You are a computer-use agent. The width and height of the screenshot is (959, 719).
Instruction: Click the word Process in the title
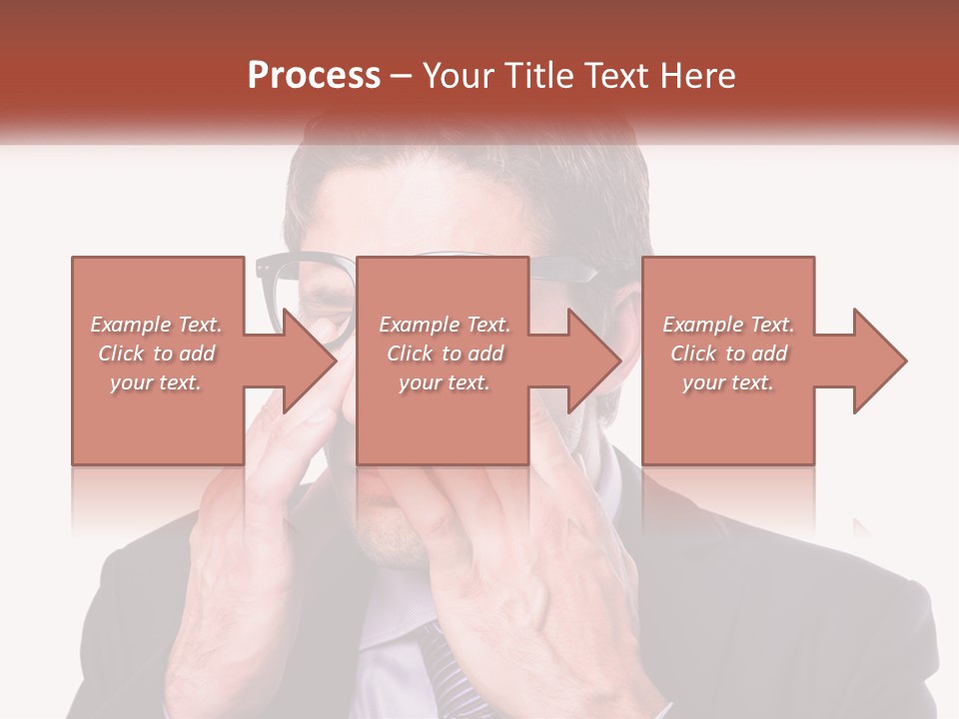[x=314, y=76]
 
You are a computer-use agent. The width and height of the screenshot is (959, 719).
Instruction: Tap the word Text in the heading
[x=612, y=76]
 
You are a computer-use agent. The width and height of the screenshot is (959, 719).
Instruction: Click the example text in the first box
[x=156, y=354]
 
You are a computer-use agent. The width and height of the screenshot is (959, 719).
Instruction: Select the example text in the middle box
[x=445, y=354]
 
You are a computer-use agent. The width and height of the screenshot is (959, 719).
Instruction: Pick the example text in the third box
[x=728, y=354]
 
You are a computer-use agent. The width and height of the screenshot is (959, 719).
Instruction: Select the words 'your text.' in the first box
[x=156, y=382]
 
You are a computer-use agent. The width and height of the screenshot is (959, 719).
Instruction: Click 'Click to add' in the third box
[x=728, y=354]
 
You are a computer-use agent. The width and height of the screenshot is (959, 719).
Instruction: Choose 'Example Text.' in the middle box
[x=445, y=325]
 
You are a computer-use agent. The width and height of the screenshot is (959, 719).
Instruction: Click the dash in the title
[x=401, y=76]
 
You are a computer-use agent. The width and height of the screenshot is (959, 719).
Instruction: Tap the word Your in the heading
[x=458, y=76]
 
